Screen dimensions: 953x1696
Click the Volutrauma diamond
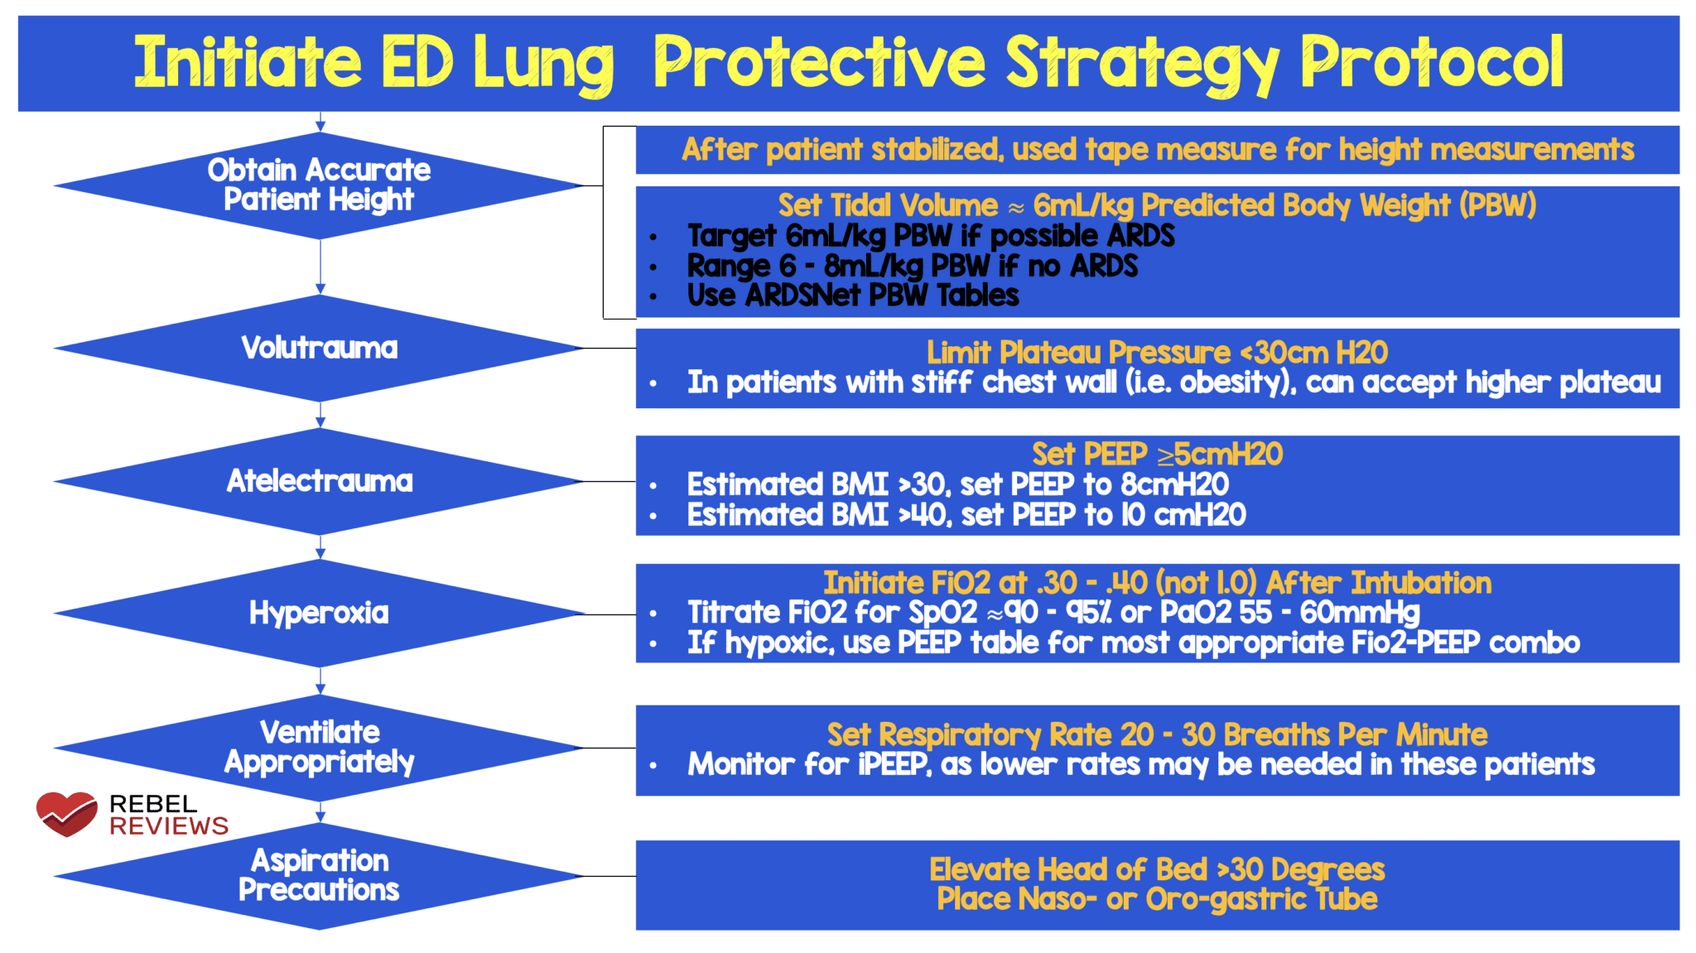point(320,349)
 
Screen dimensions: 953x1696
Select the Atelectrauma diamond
point(320,481)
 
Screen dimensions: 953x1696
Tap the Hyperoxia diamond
point(320,614)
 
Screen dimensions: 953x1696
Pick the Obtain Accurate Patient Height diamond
point(320,185)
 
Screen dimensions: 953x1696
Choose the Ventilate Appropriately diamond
point(320,748)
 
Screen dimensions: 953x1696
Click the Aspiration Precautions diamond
point(320,876)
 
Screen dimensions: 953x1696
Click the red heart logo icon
point(66,813)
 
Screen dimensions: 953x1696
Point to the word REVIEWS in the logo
point(169,826)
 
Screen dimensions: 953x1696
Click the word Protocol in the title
point(1431,63)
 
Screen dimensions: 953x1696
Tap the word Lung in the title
point(543,65)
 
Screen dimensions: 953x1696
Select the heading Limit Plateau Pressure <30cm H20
point(1157,353)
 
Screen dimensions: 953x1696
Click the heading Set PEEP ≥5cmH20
point(1157,455)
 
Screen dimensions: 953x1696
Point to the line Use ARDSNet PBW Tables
point(853,296)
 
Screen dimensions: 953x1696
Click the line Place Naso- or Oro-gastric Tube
point(1157,899)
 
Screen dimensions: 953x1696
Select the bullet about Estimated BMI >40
point(966,515)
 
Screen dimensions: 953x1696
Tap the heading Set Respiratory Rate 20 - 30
point(1157,734)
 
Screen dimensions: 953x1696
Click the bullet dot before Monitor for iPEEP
point(653,766)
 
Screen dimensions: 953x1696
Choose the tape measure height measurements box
point(1157,150)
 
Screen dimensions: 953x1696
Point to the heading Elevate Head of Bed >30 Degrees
point(1157,869)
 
